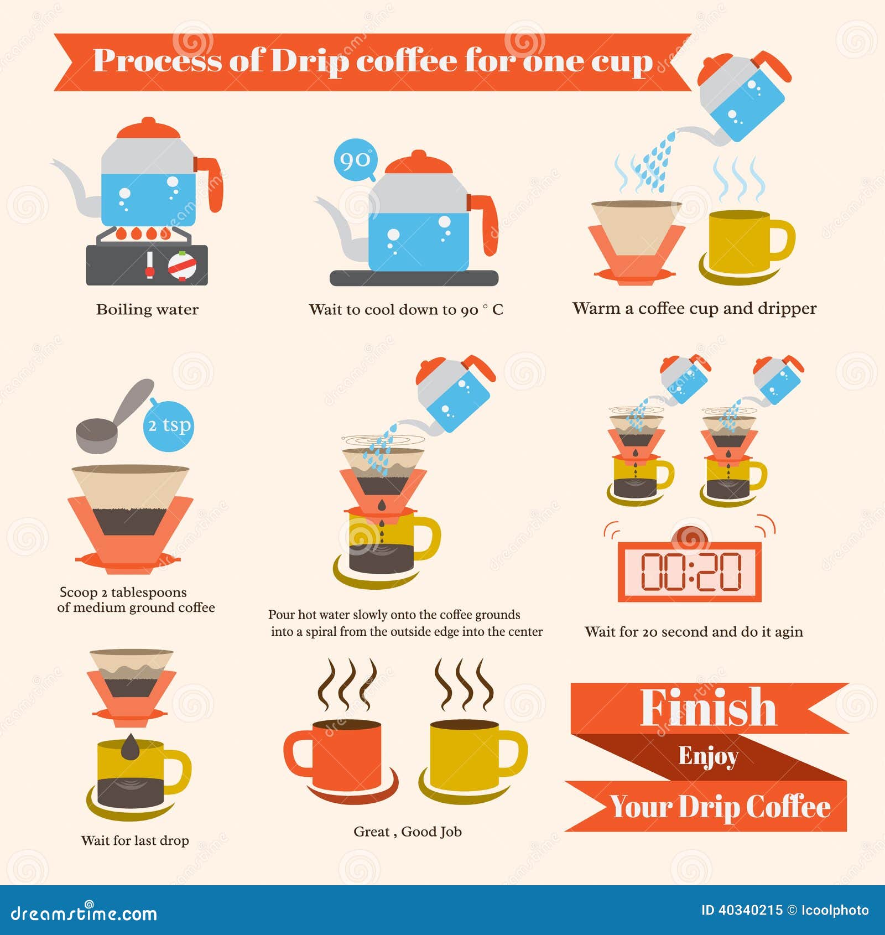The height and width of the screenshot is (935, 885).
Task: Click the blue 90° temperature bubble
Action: pos(355,160)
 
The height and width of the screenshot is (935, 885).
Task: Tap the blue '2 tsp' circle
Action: pos(169,425)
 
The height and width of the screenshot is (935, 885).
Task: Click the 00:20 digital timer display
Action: pos(690,572)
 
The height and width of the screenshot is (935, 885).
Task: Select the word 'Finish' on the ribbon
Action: pos(709,708)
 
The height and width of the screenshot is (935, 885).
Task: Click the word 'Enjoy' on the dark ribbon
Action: pos(708,756)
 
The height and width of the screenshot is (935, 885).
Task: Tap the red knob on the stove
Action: pos(182,266)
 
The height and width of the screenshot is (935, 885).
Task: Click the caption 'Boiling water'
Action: pos(147,309)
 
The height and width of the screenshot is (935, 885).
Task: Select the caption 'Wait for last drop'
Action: pos(135,840)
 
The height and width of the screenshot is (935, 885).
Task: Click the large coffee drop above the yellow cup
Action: pos(131,747)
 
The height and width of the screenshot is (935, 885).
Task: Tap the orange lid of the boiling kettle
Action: pos(148,129)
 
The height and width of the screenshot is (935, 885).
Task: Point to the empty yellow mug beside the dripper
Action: pos(744,241)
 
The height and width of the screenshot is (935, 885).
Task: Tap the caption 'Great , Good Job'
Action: pos(408,832)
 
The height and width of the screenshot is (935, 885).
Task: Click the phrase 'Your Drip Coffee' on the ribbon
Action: pos(720,807)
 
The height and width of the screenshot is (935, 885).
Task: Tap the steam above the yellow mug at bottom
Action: pos(464,685)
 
